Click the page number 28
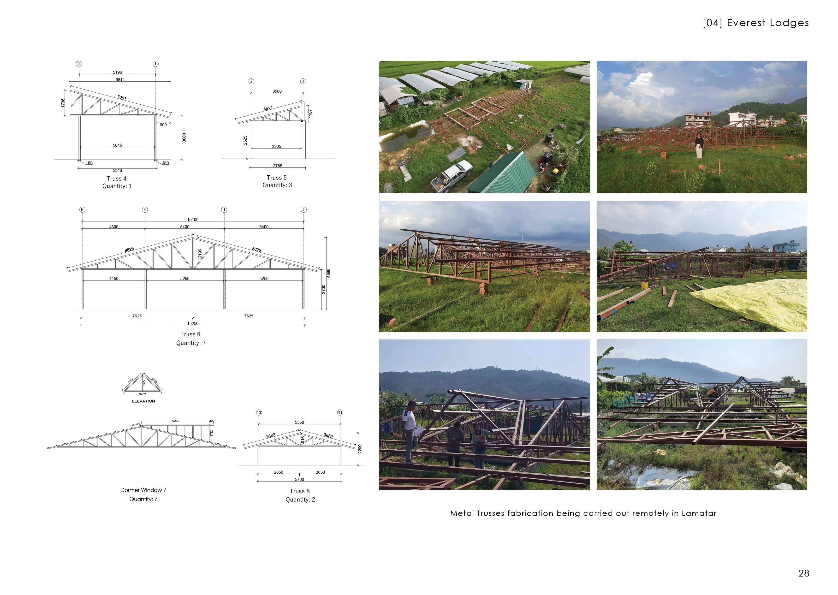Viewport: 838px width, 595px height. tap(803, 573)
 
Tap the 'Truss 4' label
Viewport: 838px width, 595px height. tap(116, 178)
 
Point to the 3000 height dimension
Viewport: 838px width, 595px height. tap(184, 137)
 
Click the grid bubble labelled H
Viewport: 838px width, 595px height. tap(145, 209)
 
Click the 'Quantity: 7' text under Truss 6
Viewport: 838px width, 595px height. tap(191, 343)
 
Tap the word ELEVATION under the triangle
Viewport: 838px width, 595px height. tap(143, 401)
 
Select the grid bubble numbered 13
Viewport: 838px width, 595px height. tap(259, 413)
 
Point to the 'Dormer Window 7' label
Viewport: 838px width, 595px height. tap(143, 490)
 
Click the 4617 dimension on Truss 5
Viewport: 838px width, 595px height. tap(268, 108)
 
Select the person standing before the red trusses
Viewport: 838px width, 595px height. tap(699, 145)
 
